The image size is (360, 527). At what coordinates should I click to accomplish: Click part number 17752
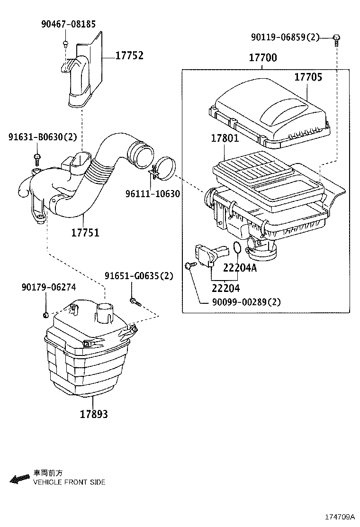[129, 55]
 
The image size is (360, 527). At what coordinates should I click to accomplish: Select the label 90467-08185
[69, 24]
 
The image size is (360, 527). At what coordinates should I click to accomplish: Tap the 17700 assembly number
[263, 57]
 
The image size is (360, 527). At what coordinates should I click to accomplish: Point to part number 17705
[308, 77]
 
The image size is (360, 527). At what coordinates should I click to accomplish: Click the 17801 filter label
[225, 138]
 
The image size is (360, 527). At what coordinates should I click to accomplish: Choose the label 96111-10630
[153, 193]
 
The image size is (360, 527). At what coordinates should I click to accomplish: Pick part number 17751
[85, 233]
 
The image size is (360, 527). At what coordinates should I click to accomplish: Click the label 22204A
[240, 268]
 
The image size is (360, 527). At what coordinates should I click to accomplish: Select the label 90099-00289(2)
[246, 302]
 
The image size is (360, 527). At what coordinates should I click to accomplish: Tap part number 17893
[94, 414]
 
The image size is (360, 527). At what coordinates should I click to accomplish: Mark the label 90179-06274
[49, 287]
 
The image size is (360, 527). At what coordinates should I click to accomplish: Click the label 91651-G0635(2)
[139, 276]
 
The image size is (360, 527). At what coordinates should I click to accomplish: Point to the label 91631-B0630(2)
[43, 137]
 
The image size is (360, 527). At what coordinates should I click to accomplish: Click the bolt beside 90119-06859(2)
[336, 39]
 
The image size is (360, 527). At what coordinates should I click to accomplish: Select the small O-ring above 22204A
[237, 248]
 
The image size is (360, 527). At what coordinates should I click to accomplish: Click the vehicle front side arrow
[20, 479]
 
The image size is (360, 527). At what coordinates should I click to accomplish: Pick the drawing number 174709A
[340, 517]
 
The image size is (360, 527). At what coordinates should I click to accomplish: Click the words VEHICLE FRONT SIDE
[69, 482]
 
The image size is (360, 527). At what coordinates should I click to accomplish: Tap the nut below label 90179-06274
[46, 315]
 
